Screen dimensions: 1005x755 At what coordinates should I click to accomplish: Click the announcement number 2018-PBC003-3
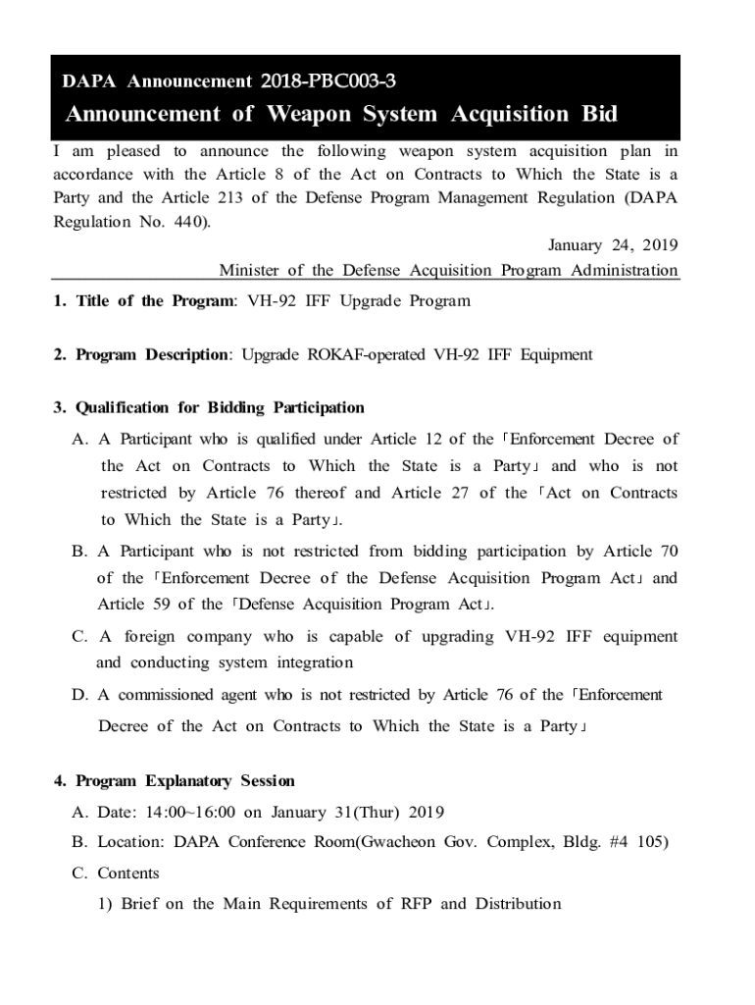[328, 80]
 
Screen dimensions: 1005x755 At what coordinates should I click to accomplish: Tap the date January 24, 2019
[612, 244]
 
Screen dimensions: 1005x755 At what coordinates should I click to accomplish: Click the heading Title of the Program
[145, 301]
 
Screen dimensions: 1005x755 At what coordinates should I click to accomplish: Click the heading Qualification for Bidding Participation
[209, 407]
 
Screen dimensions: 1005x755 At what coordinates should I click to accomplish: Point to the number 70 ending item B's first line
[668, 552]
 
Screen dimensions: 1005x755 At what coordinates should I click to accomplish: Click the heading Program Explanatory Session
[175, 781]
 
